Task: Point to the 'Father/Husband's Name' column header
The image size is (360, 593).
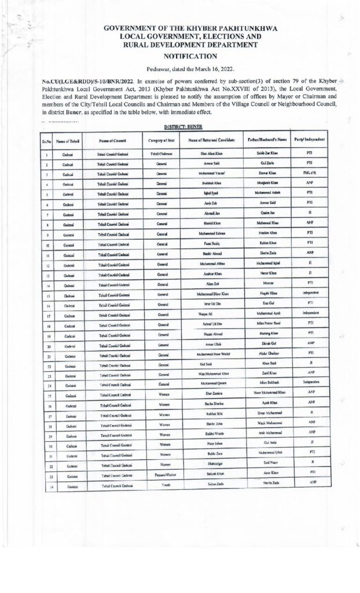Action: [x=264, y=140]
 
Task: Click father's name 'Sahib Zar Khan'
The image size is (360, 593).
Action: [x=265, y=153]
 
